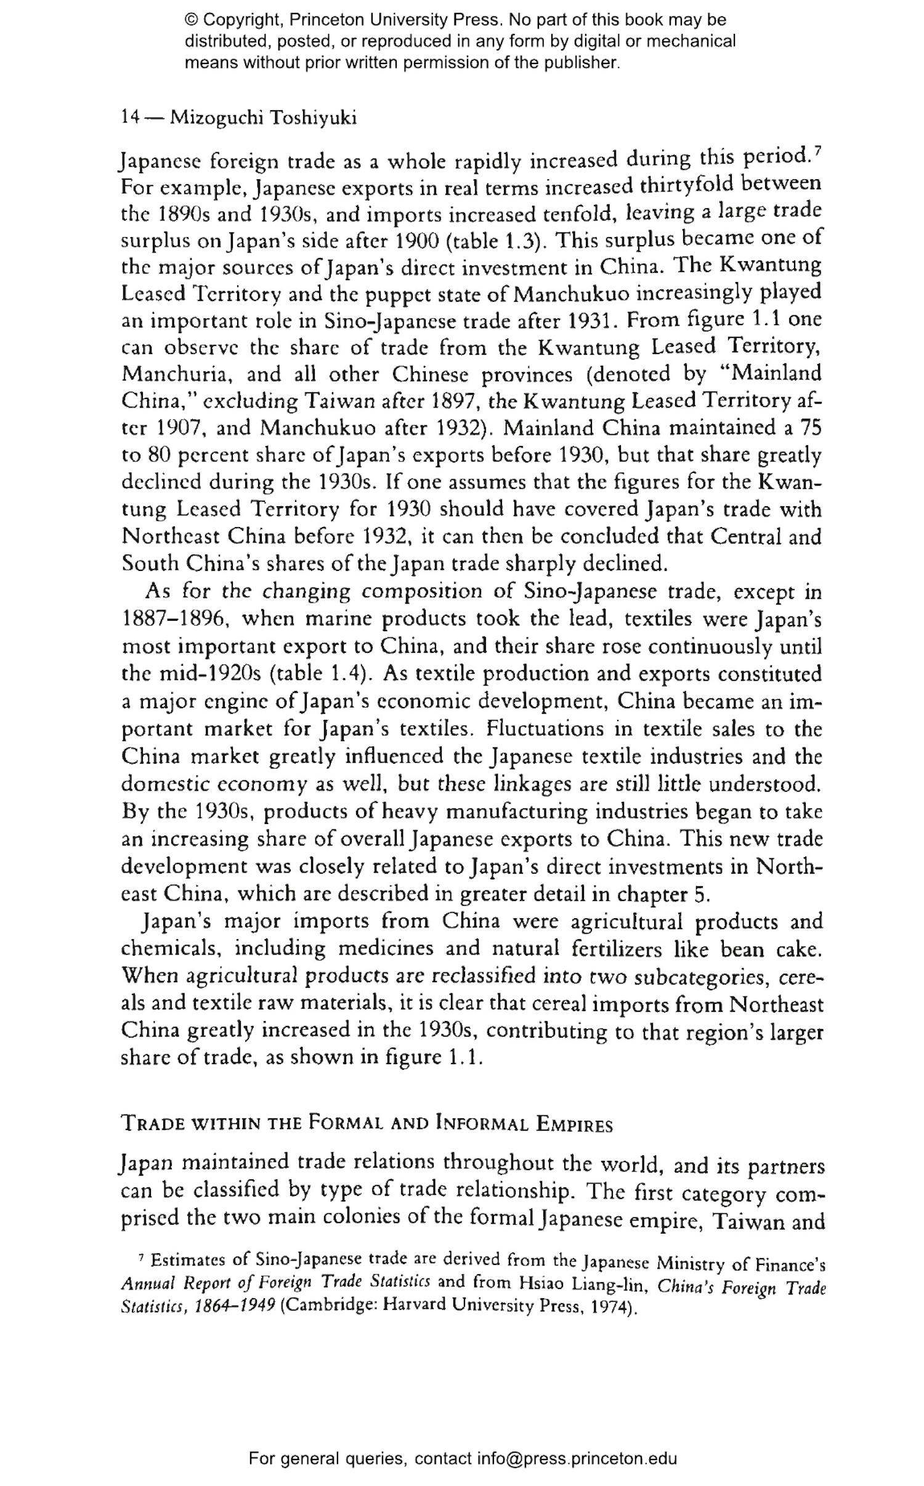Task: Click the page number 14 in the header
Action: click(131, 117)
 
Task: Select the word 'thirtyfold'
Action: click(685, 185)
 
